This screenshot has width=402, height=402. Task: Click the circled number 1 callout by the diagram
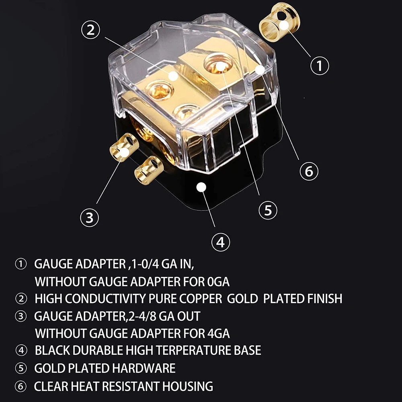320,66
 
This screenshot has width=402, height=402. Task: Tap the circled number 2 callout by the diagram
91,30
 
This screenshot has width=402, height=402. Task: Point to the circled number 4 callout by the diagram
220,242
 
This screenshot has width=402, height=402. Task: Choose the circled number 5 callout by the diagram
268,209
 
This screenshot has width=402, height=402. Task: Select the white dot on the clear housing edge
260,70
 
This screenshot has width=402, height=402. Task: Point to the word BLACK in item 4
54,350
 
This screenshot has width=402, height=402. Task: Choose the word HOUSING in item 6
188,386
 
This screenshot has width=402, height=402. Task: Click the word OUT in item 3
189,316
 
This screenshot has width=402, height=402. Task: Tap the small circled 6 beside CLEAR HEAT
21,387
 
